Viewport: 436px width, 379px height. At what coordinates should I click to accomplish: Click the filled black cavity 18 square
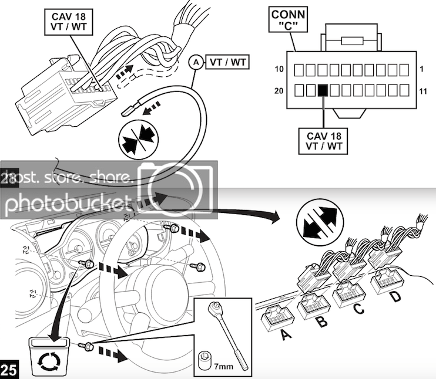[322, 90]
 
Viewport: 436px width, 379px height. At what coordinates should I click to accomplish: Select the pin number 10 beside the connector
[280, 70]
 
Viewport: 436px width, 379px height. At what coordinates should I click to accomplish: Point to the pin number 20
[280, 91]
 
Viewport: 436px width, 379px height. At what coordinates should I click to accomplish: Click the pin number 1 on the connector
[422, 70]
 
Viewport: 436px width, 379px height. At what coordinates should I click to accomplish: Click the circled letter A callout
[195, 61]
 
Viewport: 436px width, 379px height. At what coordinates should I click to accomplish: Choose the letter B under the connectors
[321, 323]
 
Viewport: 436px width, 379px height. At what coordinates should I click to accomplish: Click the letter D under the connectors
[397, 297]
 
